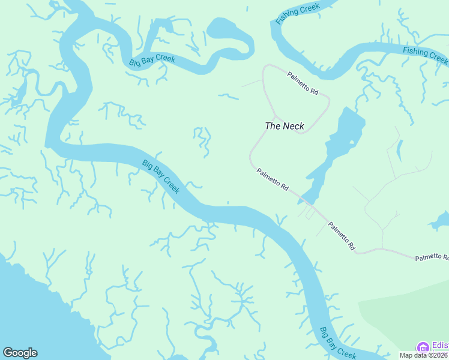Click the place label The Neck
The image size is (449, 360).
pos(285,126)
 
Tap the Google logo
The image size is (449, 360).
pos(20,353)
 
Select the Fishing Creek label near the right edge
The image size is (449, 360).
pos(425,55)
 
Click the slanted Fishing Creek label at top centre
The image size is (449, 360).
pos(298,12)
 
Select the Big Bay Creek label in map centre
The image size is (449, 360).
pos(161,176)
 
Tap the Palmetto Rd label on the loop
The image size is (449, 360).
pos(303,82)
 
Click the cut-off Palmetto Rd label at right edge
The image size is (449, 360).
pos(431,257)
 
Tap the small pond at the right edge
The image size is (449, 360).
pos(439,223)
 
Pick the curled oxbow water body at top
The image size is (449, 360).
pos(228,33)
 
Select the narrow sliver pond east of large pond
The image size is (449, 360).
pos(399,151)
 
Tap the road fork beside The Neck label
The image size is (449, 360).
pos(276,116)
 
